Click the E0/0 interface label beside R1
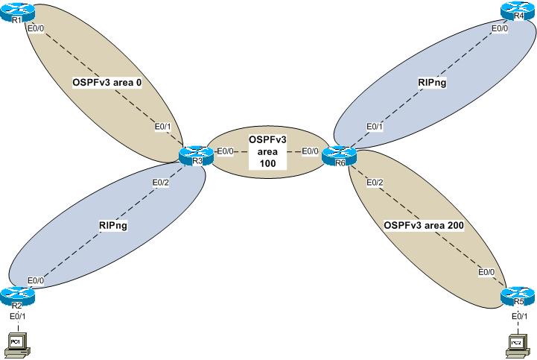pos(35,29)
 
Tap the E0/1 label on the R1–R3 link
pos(162,126)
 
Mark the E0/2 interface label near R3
pos(161,183)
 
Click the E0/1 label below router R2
pos(16,316)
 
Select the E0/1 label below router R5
pos(519,317)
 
